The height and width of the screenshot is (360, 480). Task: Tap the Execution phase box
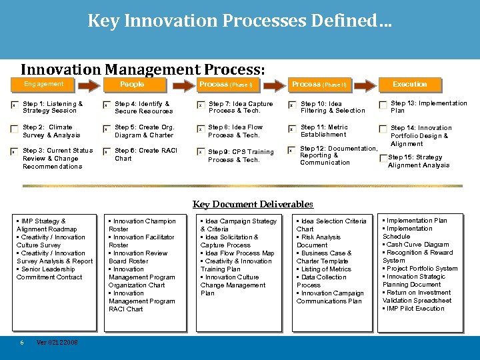coord(409,85)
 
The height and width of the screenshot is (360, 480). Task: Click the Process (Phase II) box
coord(319,85)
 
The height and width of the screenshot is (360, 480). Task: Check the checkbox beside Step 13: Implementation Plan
coord(383,105)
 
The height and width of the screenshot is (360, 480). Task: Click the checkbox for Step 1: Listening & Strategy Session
coord(15,105)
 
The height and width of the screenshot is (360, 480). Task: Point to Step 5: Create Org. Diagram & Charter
coord(144,131)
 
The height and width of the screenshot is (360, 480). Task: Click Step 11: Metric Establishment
coord(324,131)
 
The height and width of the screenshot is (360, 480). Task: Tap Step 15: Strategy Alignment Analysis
coord(419,161)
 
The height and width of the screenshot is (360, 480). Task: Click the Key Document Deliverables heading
coord(253,205)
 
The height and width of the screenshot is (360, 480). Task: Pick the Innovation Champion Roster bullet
coord(142,225)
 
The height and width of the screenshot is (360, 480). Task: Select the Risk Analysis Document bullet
coord(320,241)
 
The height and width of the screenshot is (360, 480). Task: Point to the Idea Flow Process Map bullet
coord(239,253)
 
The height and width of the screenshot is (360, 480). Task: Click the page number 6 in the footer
coord(22,342)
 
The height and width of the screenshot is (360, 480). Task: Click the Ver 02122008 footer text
coord(57,342)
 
